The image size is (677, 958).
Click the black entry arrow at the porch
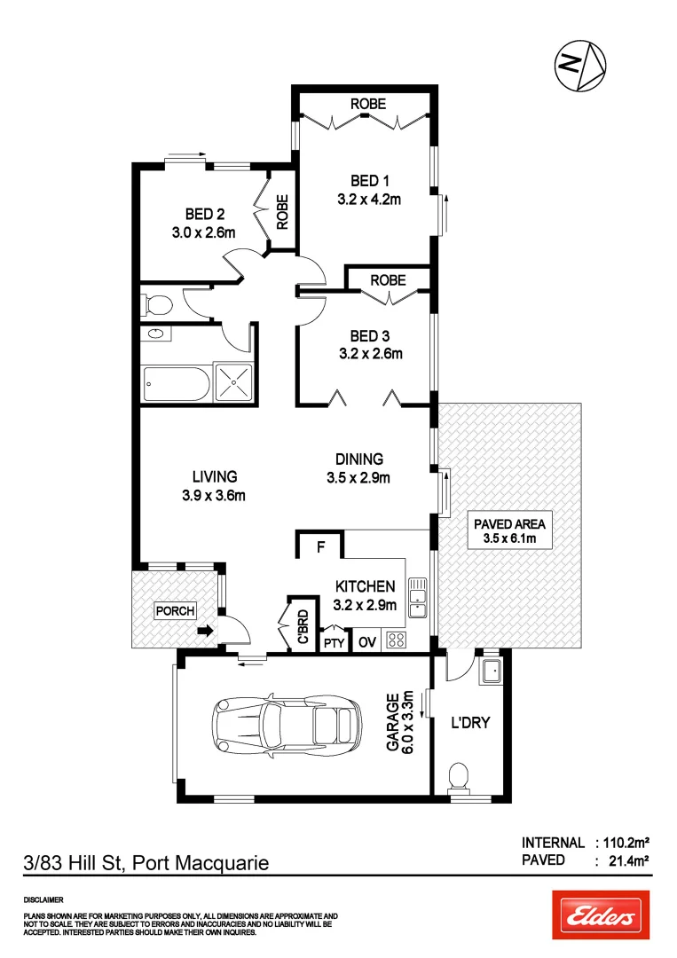[x=205, y=632]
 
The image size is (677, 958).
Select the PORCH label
[x=175, y=611]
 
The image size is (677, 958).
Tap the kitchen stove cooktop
[x=396, y=641]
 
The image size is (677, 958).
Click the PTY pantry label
[x=333, y=643]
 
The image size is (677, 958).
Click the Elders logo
[x=601, y=915]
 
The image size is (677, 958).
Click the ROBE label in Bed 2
[x=282, y=213]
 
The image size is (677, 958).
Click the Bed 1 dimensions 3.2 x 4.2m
[x=369, y=199]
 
